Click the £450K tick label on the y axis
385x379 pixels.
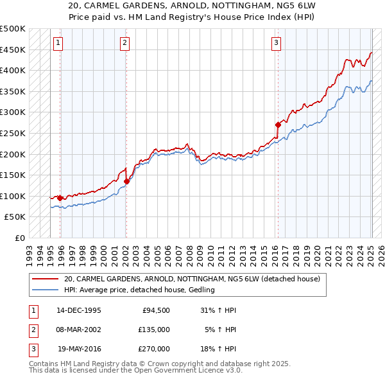(13, 49)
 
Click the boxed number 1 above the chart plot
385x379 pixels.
(58, 43)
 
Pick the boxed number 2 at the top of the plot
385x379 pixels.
(124, 43)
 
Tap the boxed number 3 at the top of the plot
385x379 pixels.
(276, 43)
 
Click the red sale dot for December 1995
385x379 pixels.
(60, 198)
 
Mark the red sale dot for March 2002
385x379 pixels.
(126, 181)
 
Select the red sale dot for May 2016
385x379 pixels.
(278, 125)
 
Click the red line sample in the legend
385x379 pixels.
(45, 279)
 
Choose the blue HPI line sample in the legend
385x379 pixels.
(45, 290)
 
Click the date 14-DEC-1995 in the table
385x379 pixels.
(79, 311)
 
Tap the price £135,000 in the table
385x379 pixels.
(154, 330)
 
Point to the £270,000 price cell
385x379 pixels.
(154, 349)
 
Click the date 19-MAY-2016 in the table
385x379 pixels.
(79, 349)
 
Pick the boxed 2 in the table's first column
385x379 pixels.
(32, 330)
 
